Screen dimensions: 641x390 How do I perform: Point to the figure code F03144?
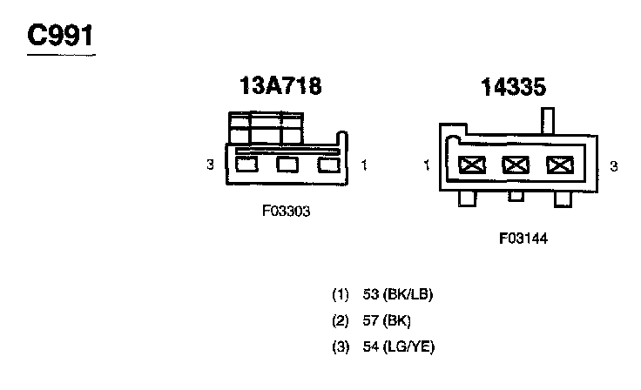523,237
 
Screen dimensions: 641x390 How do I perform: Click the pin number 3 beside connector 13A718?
211,164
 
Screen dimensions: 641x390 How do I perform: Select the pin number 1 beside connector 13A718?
363,164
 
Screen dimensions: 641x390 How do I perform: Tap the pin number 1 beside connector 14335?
428,165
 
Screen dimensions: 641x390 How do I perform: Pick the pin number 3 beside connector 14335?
613,165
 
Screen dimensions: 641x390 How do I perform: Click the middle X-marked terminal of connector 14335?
516,164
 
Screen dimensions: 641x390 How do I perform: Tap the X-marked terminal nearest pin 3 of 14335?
557,164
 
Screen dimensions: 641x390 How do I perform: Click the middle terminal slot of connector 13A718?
287,164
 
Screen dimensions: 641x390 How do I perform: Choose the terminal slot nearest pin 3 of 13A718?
246,164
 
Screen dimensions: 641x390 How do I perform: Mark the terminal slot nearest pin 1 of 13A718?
327,164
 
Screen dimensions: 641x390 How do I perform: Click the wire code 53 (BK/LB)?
398,294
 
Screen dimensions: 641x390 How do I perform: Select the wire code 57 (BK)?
388,320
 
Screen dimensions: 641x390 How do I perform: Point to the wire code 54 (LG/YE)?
398,346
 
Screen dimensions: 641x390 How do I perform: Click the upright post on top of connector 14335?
548,118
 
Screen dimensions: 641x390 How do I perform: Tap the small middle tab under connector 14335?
516,196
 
